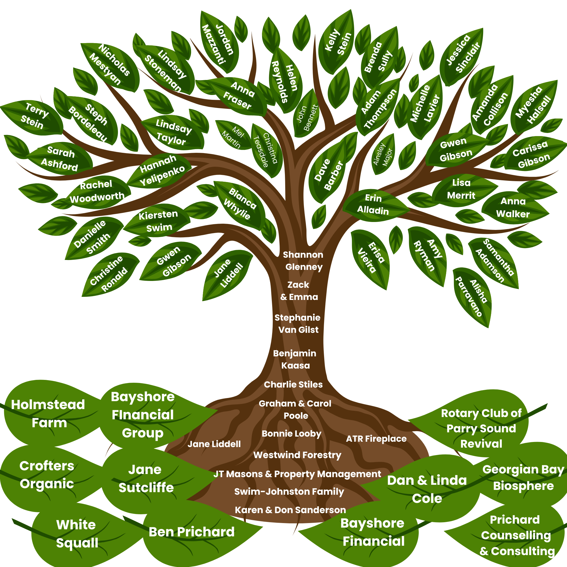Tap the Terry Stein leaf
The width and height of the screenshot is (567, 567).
[35, 116]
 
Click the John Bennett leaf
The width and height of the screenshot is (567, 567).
[307, 117]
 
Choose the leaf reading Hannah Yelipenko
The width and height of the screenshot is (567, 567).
[161, 170]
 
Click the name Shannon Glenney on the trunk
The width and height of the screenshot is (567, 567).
[303, 261]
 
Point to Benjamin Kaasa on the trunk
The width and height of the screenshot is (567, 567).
[295, 359]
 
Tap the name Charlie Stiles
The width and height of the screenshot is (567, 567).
[293, 384]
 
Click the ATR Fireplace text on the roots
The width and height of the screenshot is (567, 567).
[376, 439]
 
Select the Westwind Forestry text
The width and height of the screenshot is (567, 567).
[297, 455]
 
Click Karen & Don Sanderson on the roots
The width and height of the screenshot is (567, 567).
[290, 510]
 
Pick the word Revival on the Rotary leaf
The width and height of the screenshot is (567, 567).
[481, 444]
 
